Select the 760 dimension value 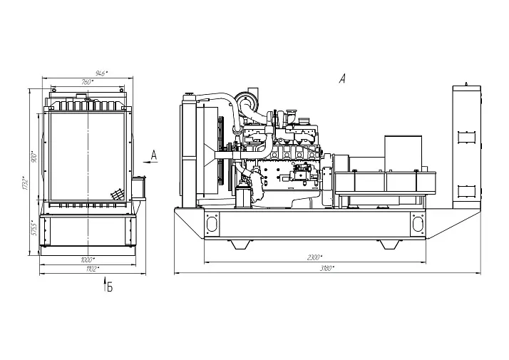coord(88,82)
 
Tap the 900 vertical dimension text coord(34,158)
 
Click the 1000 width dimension coord(88,259)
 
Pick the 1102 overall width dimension coord(92,269)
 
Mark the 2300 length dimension coord(314,257)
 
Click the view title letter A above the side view coord(342,79)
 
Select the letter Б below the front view coord(110,287)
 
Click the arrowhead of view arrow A coord(145,163)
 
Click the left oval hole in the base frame coord(211,223)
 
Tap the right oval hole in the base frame coord(418,223)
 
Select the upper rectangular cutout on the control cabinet coord(466,133)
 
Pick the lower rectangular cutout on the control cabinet coord(466,190)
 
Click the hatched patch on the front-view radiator coord(116,195)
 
